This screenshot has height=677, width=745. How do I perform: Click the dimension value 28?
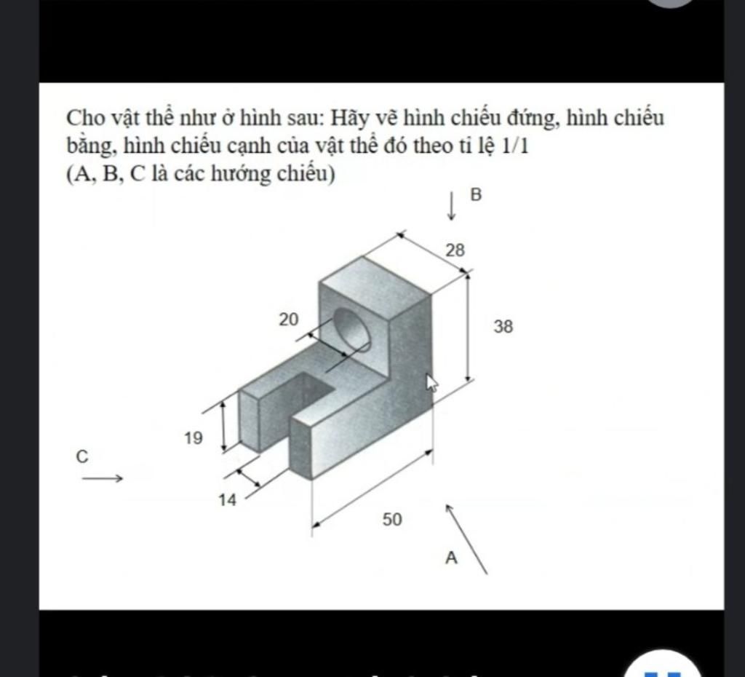[455, 250]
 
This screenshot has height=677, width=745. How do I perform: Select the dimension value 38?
[503, 327]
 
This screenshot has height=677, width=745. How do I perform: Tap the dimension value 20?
[288, 318]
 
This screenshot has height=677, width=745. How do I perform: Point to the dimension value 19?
[194, 438]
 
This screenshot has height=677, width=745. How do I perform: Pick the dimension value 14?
[228, 500]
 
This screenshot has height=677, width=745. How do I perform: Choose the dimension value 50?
[392, 519]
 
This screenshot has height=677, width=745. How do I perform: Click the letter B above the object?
[477, 194]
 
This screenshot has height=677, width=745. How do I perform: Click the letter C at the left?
[81, 456]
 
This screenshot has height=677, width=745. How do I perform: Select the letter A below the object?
[451, 558]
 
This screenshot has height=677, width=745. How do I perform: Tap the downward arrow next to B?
[452, 205]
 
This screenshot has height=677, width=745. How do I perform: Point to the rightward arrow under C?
[102, 478]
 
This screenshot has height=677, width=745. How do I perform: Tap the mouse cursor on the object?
[431, 383]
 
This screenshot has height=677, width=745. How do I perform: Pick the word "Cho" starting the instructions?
[82, 118]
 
